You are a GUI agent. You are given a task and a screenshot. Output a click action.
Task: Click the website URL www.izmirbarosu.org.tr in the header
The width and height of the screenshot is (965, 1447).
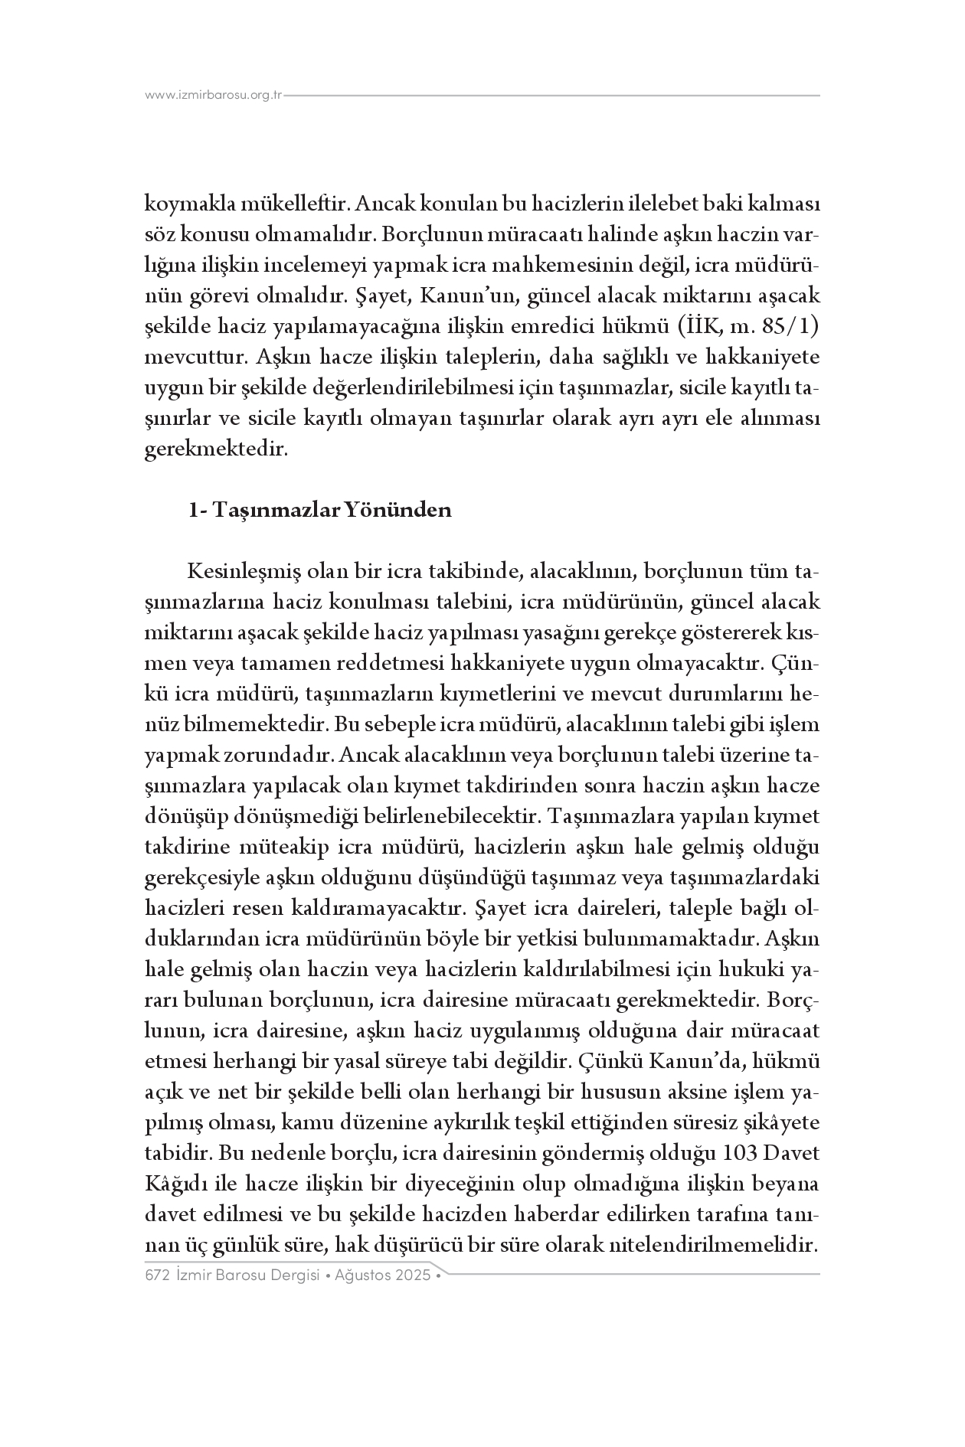click(214, 95)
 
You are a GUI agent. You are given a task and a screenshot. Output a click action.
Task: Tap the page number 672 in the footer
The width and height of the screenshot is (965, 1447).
click(156, 1276)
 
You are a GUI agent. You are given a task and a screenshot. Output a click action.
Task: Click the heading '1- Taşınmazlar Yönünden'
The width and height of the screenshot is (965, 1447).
click(320, 510)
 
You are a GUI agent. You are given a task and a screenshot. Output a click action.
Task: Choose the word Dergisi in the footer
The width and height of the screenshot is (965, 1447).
click(286, 1276)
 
